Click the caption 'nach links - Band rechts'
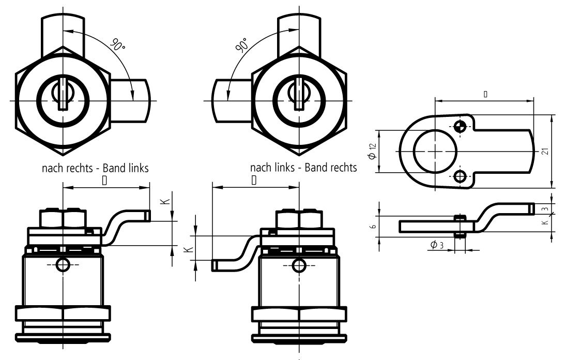[x=303, y=168]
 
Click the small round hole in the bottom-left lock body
[x=63, y=265]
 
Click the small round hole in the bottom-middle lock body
[x=298, y=265]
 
